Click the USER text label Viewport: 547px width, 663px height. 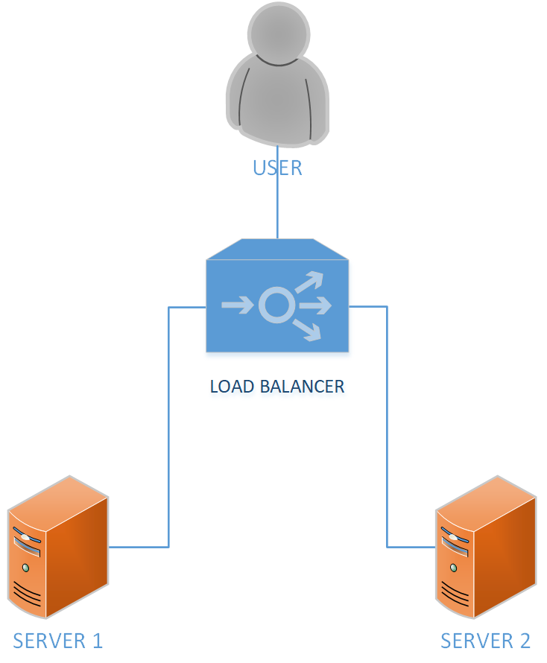click(277, 168)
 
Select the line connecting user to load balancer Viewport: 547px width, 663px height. click(277, 209)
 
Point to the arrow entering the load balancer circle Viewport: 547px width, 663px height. click(237, 305)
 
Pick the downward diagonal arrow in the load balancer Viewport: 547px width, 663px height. click(308, 329)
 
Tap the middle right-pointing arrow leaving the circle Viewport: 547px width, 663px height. click(314, 305)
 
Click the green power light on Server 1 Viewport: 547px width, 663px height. click(26, 568)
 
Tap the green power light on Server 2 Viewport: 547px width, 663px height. click(454, 568)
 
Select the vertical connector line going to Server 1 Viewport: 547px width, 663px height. click(169, 425)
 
